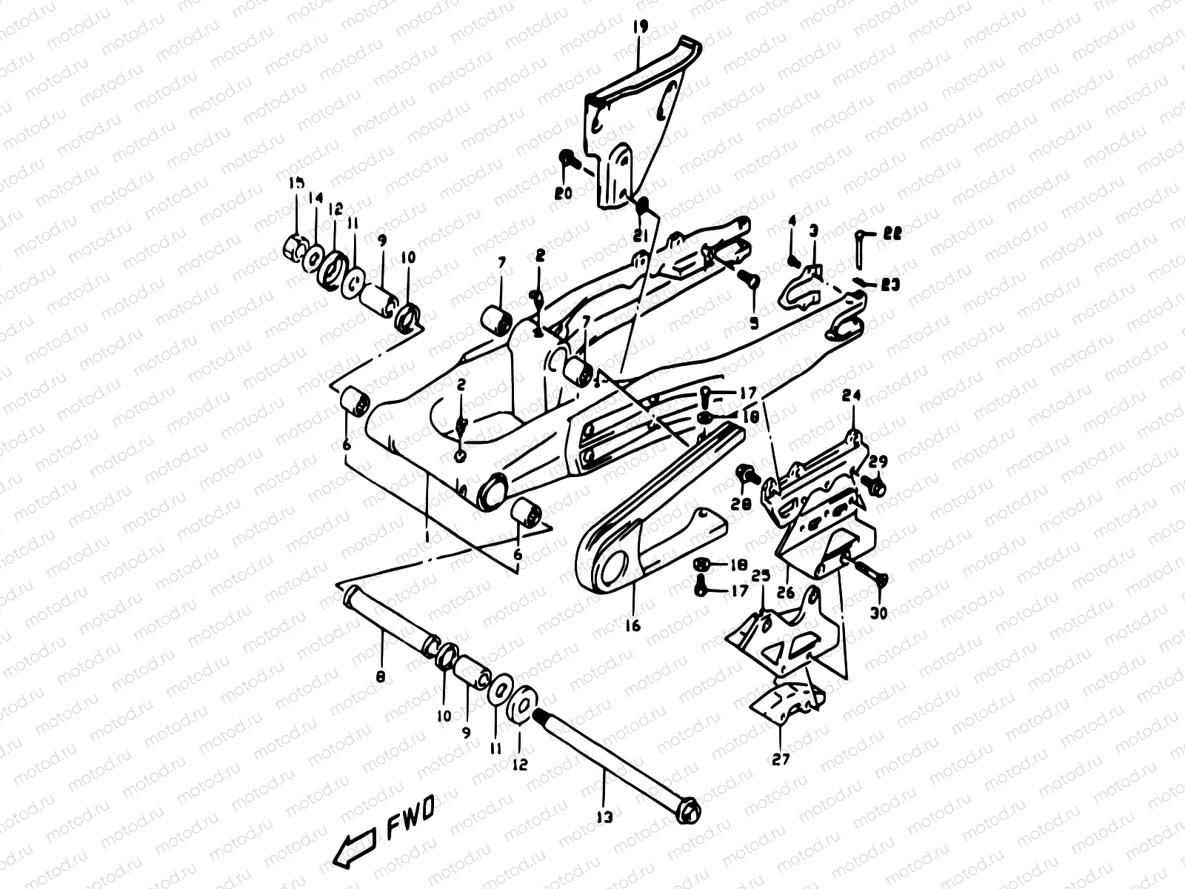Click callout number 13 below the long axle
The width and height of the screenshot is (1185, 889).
605,818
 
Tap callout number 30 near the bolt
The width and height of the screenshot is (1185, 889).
878,613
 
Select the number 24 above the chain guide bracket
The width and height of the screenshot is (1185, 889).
851,396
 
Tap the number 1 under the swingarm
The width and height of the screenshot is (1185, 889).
429,533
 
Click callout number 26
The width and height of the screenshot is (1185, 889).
786,593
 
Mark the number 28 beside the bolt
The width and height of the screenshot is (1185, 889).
742,504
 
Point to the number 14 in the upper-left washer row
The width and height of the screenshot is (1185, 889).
316,198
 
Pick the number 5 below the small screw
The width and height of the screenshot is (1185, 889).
754,323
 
